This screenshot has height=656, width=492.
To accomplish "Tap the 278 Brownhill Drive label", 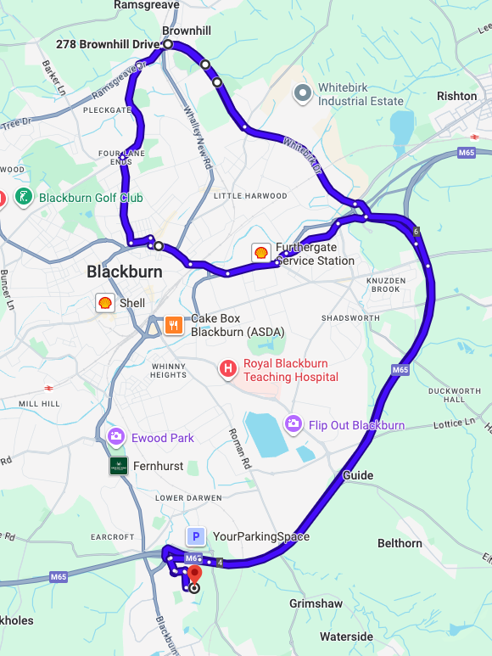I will point(108,44).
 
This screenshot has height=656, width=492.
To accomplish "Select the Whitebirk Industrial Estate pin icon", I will point(303,94).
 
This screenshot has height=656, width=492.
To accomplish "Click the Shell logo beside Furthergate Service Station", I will point(261,252).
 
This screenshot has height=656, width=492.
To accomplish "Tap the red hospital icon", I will point(227,369).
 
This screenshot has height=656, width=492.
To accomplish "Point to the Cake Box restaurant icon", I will point(174,324).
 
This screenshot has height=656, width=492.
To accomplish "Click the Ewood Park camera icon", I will point(116,437).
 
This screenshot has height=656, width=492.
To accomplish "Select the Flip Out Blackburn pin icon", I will point(294,423).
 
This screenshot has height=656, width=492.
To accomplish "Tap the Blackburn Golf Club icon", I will point(24,198).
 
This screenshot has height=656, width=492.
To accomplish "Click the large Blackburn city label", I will point(124,272).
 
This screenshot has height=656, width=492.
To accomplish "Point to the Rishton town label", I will point(457,96).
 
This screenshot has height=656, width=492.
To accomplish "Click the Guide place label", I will point(357,475).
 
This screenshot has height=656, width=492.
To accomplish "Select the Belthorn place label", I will point(400,543).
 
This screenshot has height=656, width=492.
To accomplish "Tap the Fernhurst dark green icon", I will point(119,466).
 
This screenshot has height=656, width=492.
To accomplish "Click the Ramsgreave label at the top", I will point(147,5).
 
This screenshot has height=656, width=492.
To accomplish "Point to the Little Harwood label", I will point(250,196).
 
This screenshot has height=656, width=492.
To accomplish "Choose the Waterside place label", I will point(346,636).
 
